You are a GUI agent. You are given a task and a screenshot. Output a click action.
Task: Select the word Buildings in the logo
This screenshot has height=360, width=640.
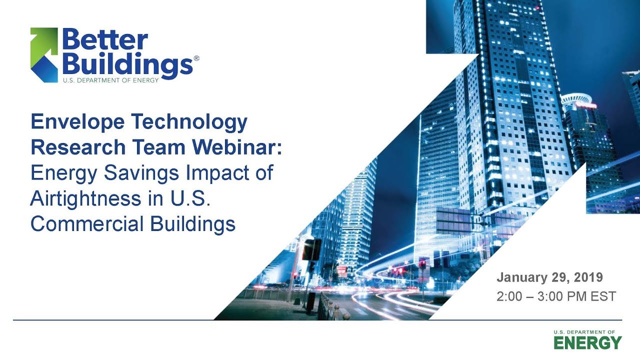tap(127, 64)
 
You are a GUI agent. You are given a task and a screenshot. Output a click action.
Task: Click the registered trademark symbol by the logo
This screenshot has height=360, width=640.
tap(196, 59)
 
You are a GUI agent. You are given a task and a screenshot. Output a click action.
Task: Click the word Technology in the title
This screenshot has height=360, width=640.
tap(193, 121)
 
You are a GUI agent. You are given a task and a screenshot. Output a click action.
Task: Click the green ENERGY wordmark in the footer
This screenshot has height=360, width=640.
tap(587, 343)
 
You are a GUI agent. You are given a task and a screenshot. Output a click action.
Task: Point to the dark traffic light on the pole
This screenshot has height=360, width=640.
tap(311, 249)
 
